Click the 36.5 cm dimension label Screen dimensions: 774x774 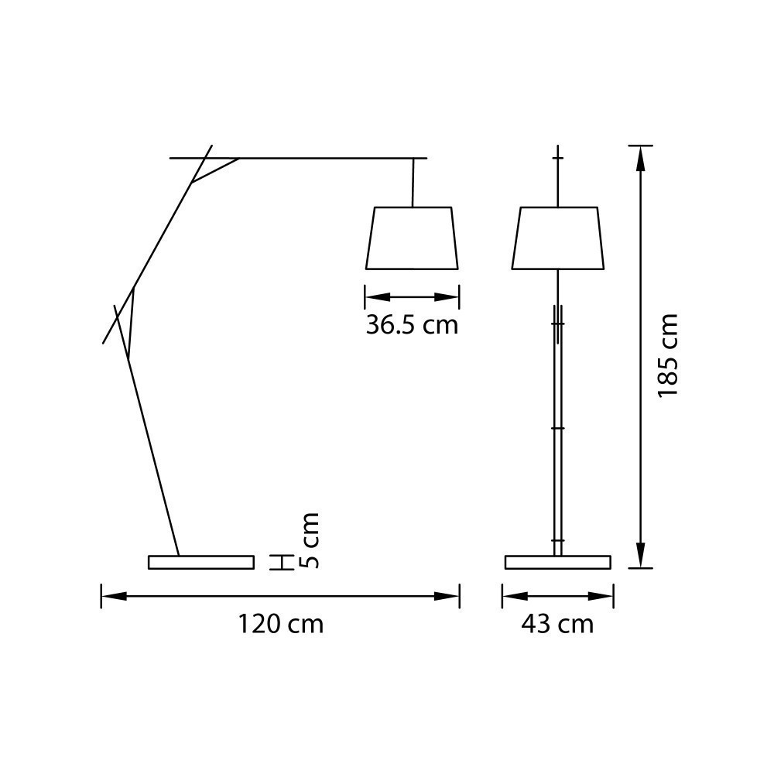click(412, 325)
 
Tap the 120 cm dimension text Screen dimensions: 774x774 click(280, 624)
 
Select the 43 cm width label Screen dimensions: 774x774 click(557, 624)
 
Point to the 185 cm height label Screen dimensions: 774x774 click(667, 356)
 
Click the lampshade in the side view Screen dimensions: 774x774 click(412, 238)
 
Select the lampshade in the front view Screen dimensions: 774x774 click(558, 238)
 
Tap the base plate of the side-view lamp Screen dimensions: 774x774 click(201, 562)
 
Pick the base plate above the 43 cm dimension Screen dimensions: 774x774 click(558, 562)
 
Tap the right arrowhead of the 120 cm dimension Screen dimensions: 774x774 click(447, 596)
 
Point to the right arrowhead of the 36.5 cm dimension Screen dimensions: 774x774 click(447, 297)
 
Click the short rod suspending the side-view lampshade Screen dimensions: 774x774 click(413, 183)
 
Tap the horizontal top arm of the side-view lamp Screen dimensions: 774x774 click(325, 158)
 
